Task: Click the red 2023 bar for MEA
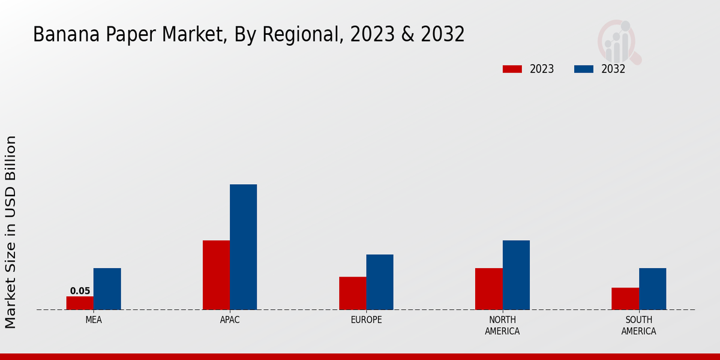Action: click(80, 303)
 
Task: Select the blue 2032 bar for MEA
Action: click(107, 289)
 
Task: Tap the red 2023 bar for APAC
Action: click(216, 275)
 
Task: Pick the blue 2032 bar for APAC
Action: click(243, 247)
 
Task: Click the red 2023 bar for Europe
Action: click(352, 293)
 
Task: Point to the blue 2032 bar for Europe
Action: click(380, 282)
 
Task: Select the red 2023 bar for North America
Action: click(488, 289)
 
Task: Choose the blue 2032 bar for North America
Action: click(516, 275)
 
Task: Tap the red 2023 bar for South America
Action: click(625, 298)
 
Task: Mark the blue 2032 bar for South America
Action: click(652, 289)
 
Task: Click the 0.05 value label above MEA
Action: click(80, 291)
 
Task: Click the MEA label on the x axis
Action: click(94, 320)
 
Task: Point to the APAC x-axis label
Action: click(230, 320)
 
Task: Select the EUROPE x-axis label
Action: click(366, 320)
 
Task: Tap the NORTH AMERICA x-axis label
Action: click(502, 325)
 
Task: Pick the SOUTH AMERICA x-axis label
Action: click(638, 325)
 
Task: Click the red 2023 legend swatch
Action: click(512, 69)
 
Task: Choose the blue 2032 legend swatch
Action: click(584, 69)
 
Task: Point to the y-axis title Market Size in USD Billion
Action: click(11, 232)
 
